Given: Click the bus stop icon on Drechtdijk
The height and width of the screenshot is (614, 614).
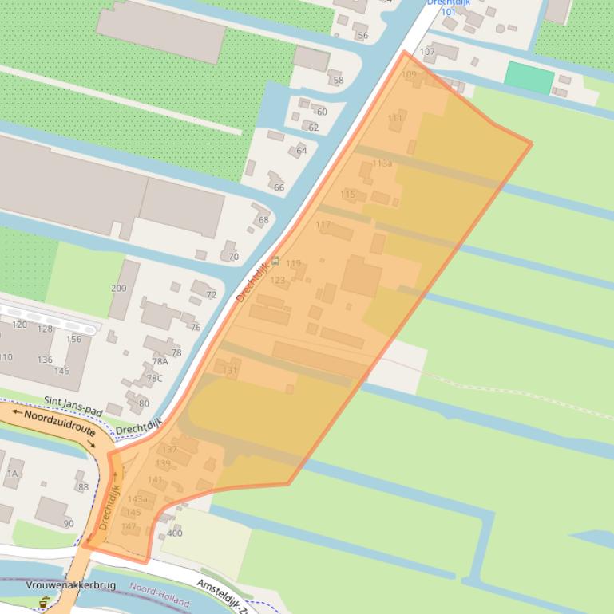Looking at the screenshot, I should tap(275, 261).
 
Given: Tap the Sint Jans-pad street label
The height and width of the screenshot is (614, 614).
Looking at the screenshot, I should tap(74, 403).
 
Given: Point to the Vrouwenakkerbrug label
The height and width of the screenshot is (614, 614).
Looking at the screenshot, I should tap(70, 585).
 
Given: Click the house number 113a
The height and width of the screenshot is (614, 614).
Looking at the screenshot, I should tap(382, 163).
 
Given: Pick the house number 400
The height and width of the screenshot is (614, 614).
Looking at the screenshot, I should tap(175, 533).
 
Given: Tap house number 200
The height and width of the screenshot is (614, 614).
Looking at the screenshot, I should tap(118, 288).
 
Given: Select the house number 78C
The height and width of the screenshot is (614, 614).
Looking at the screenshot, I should tap(153, 378).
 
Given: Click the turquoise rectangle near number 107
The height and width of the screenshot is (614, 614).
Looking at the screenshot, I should tap(529, 77).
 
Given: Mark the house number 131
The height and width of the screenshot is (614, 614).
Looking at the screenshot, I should tap(230, 371).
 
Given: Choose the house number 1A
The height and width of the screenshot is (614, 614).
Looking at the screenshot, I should tap(12, 473).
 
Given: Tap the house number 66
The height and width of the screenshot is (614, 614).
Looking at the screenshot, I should tap(279, 187).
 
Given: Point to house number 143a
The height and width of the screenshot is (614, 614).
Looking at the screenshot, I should tap(137, 499).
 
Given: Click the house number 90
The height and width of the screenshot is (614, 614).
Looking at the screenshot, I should tap(68, 523).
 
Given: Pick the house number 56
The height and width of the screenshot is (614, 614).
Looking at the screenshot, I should tap(362, 36).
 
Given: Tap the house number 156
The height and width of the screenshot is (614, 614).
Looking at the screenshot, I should tap(73, 339).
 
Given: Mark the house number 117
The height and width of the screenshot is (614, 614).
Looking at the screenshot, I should tap(323, 225).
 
